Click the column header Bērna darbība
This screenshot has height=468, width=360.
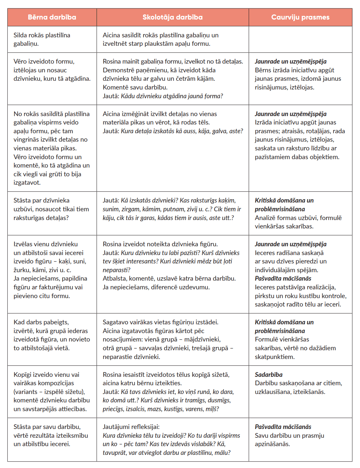(52, 17)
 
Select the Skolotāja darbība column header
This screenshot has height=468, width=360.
(172, 17)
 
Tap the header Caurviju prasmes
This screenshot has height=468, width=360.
(300, 17)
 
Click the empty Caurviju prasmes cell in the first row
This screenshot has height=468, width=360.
(300, 39)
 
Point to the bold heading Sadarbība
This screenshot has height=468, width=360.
(269, 374)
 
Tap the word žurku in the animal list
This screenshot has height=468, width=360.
(21, 270)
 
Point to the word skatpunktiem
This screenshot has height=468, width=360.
(274, 357)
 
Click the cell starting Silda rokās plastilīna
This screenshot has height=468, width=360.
(42, 39)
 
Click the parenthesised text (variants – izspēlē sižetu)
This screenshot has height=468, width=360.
(49, 392)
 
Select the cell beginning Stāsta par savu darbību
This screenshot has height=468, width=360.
(50, 435)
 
